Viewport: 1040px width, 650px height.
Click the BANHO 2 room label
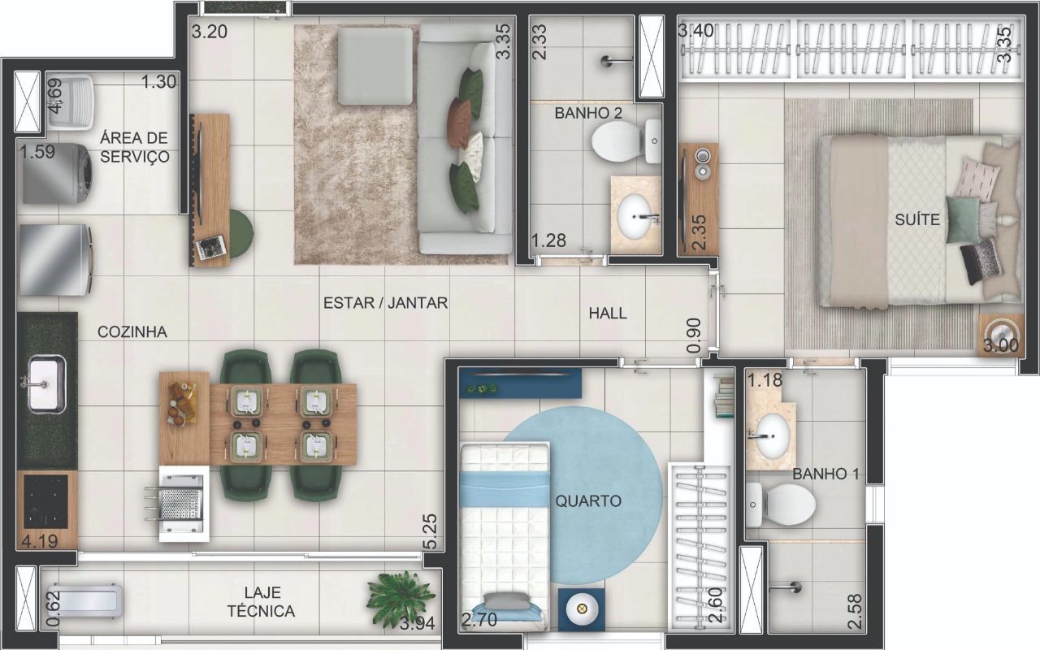(x=588, y=113)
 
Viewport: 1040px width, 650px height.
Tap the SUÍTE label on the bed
(x=917, y=219)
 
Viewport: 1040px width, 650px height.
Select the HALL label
(x=608, y=314)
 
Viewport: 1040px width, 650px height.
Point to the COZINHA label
(x=132, y=332)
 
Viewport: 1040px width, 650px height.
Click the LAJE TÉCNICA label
(x=261, y=602)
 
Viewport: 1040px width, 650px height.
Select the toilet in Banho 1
(x=781, y=505)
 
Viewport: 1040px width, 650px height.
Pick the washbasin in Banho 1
(x=771, y=437)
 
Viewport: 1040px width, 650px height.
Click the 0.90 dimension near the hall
(x=693, y=336)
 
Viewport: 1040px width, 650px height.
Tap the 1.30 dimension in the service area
(x=158, y=82)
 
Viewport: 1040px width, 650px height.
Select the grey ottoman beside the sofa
(x=375, y=66)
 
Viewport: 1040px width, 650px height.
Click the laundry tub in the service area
(x=71, y=103)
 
